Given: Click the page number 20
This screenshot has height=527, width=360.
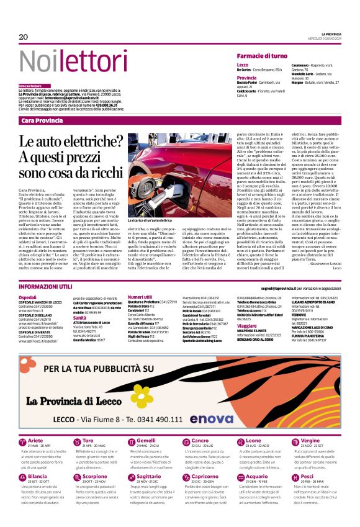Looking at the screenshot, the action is [24, 37].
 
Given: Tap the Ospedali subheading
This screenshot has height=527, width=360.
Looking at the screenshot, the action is [28, 297].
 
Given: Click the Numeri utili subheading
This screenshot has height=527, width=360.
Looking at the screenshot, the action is [140, 297].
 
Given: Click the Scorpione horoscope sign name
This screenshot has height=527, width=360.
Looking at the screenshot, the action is [94, 476].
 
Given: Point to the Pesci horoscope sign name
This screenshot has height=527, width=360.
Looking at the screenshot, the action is [307, 476].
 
